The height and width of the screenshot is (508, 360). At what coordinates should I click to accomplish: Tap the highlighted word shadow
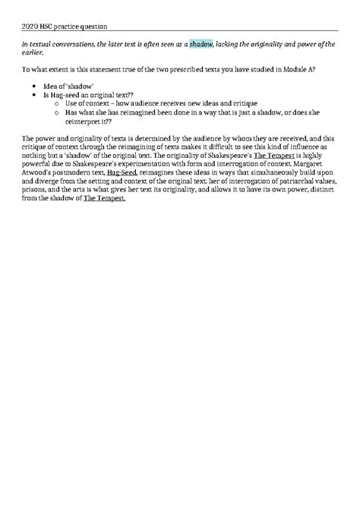click(x=201, y=45)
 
